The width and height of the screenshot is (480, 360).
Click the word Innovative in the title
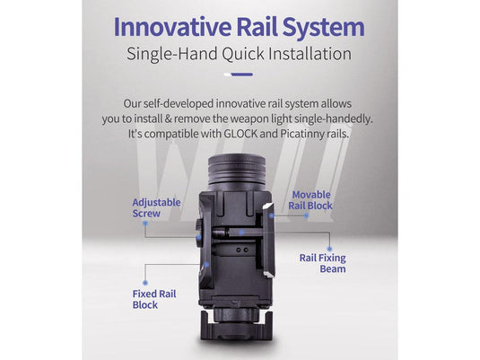(x=172, y=27)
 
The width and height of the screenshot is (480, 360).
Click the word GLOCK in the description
(x=240, y=134)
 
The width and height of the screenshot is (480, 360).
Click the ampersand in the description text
(x=168, y=119)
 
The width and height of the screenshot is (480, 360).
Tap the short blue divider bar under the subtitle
(x=241, y=75)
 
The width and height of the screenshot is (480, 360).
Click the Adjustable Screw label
(x=156, y=207)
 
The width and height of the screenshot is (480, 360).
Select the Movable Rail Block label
(x=310, y=200)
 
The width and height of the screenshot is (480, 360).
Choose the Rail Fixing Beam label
(x=323, y=263)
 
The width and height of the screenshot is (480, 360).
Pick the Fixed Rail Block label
(x=154, y=299)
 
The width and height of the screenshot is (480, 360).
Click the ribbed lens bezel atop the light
(x=237, y=170)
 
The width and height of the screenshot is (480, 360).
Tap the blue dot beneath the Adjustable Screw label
(x=145, y=224)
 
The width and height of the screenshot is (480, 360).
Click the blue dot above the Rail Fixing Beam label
(x=329, y=249)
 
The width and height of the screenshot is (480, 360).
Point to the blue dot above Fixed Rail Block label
(x=145, y=283)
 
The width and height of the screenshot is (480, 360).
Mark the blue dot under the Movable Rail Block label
(x=306, y=215)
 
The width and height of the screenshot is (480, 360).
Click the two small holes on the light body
(x=242, y=250)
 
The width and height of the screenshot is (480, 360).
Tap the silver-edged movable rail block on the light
(x=268, y=241)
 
